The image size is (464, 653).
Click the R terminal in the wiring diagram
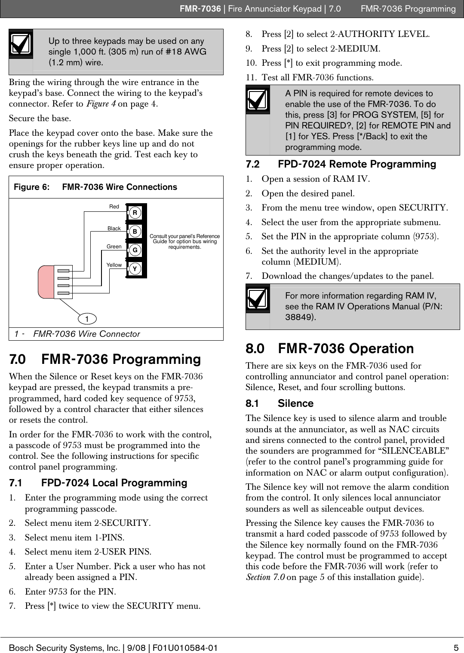pyautogui.click(x=135, y=213)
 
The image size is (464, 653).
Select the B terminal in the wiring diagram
pyautogui.click(x=135, y=231)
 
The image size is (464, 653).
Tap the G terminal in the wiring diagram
pyautogui.click(x=135, y=250)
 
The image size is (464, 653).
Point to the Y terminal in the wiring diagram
pyautogui.click(x=135, y=269)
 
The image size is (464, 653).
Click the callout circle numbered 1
pyautogui.click(x=87, y=319)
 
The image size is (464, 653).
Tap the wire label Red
pyautogui.click(x=114, y=207)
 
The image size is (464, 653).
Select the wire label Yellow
pyautogui.click(x=114, y=265)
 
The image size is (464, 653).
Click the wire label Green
pyautogui.click(x=114, y=247)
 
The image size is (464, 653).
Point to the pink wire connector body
pyautogui.click(x=46, y=282)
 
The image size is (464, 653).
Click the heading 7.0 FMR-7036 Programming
pyautogui.click(x=105, y=359)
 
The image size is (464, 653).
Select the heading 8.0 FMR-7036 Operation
pyautogui.click(x=329, y=348)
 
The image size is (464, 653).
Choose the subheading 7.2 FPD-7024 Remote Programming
pyautogui.click(x=341, y=164)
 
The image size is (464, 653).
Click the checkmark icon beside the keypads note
pyautogui.click(x=21, y=44)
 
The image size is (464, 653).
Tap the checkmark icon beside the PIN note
pyautogui.click(x=258, y=100)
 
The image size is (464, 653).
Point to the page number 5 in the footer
pyautogui.click(x=456, y=647)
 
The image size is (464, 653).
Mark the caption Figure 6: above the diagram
pyautogui.click(x=31, y=187)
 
